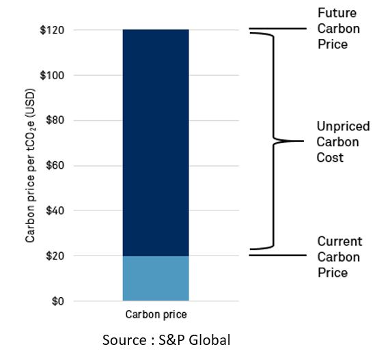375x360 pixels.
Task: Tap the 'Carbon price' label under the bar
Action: coord(156,315)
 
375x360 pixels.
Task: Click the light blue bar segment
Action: coord(156,278)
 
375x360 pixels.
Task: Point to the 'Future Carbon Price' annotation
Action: coord(337,29)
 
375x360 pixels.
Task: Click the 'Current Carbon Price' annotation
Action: coord(339,257)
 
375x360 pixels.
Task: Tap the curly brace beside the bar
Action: coord(274,141)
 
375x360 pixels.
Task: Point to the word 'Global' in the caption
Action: coord(212,340)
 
